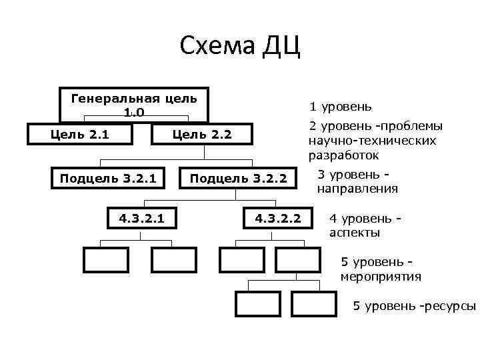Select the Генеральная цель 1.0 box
click(133, 105)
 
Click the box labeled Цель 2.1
click(81, 134)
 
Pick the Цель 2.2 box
click(202, 135)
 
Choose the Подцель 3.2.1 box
click(108, 178)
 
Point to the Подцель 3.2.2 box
click(238, 178)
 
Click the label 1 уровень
click(341, 107)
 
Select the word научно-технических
click(373, 141)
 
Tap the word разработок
click(343, 155)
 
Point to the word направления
click(357, 189)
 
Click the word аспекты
click(355, 233)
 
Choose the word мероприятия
click(381, 276)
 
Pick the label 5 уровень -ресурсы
click(414, 306)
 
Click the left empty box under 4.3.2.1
click(105, 259)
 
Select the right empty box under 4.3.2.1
click(173, 259)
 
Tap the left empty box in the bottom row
click(257, 303)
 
